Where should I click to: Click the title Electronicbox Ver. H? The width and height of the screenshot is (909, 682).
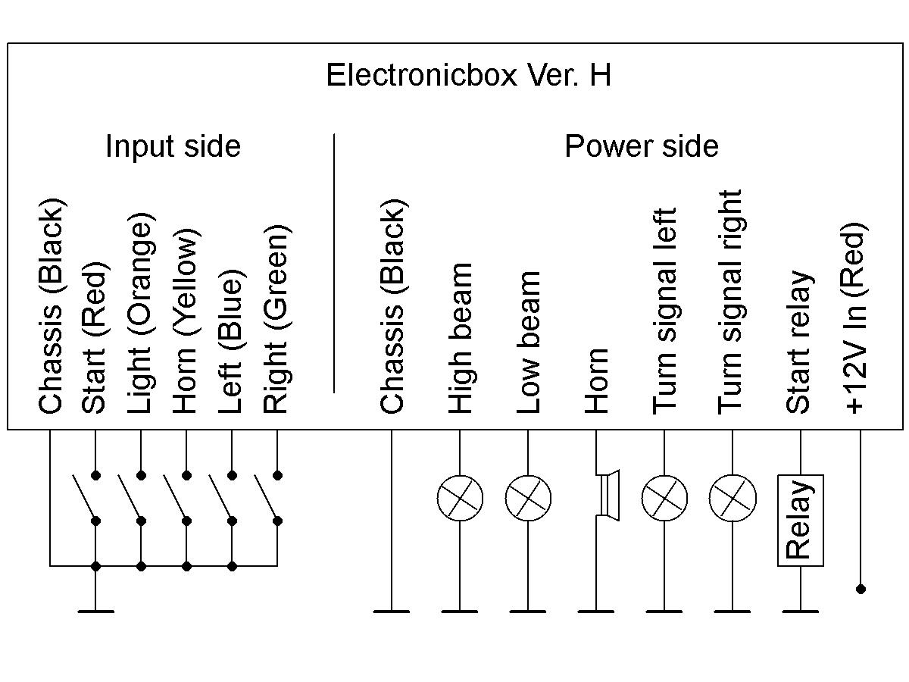coord(468,76)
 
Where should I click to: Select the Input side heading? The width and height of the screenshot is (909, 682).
coord(173,145)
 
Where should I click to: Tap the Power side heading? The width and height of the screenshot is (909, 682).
coord(641,145)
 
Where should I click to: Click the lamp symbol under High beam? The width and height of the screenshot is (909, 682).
coord(460,498)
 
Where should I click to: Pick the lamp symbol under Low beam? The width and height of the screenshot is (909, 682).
coord(528,498)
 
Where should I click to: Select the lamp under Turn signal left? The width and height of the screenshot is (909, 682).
coord(664,498)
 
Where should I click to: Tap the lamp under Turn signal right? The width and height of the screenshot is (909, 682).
coord(733,498)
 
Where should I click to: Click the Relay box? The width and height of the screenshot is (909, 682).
coord(800,520)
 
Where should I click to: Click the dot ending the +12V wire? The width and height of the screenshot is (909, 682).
coord(861,589)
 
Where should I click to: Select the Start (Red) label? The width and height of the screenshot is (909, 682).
coord(94,339)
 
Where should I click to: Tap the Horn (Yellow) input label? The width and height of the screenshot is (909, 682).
coord(185,321)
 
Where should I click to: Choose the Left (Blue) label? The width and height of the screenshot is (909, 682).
coord(230,341)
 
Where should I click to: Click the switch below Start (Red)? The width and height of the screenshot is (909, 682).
coord(85,498)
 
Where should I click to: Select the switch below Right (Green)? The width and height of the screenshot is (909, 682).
coord(267,498)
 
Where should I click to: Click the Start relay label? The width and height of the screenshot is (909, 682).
coord(798,342)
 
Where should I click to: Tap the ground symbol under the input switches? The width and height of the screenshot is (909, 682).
coord(95,610)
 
